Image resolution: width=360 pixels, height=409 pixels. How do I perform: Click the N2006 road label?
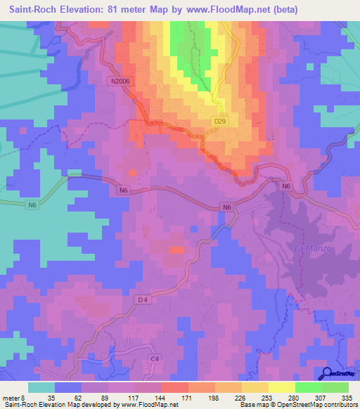click(120, 82)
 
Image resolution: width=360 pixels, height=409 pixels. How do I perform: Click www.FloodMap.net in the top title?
click(223, 10)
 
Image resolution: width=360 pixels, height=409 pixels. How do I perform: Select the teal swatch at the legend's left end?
click(41, 387)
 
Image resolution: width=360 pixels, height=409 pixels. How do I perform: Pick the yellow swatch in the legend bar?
click(281, 387)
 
